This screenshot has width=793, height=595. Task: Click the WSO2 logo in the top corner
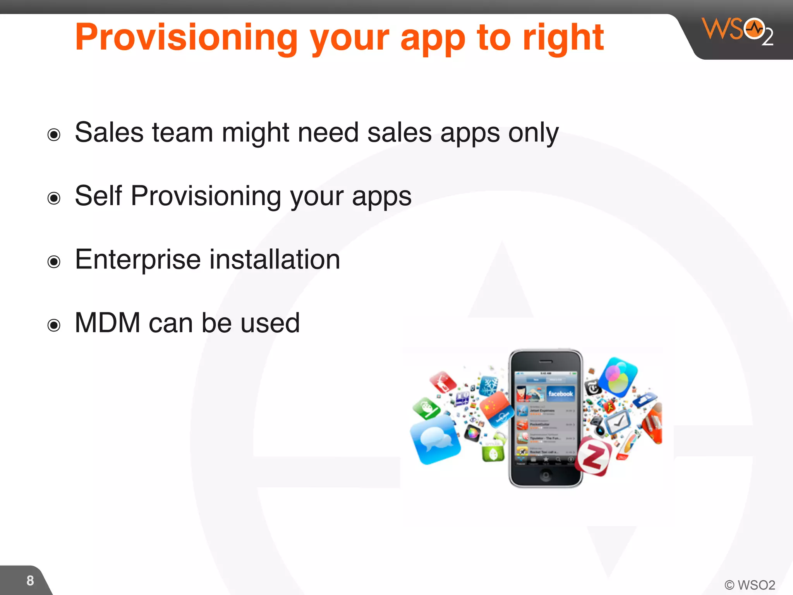(x=737, y=31)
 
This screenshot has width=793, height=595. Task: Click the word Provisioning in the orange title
(x=186, y=38)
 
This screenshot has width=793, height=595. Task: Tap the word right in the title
(x=563, y=38)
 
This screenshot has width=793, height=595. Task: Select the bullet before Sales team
(x=54, y=135)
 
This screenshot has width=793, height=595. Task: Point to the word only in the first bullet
(x=533, y=133)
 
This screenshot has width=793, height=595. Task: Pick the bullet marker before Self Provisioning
(x=54, y=198)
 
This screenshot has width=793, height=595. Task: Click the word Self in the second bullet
(x=98, y=196)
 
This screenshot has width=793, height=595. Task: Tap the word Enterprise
(x=137, y=260)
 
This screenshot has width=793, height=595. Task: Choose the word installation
(x=275, y=260)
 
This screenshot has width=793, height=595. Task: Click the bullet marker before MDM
(x=54, y=325)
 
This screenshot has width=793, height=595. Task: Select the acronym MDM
(x=107, y=323)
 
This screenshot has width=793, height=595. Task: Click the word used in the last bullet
(x=270, y=323)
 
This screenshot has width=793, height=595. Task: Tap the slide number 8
(x=30, y=581)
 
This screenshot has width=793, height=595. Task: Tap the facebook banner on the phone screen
(x=560, y=394)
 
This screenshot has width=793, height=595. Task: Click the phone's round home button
(x=546, y=475)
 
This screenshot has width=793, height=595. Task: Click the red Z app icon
(x=593, y=457)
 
